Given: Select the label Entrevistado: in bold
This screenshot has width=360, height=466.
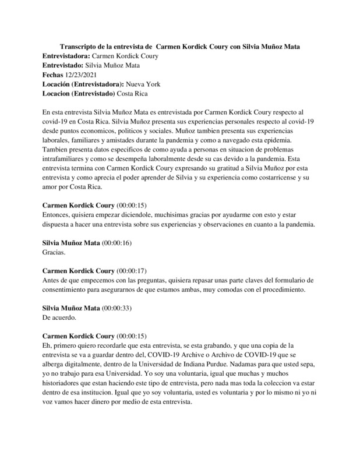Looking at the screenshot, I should tap(63, 65).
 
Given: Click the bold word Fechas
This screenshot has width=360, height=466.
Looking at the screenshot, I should tap(54, 75).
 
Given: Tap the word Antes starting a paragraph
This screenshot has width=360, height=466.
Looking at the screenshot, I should tap(52, 281).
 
